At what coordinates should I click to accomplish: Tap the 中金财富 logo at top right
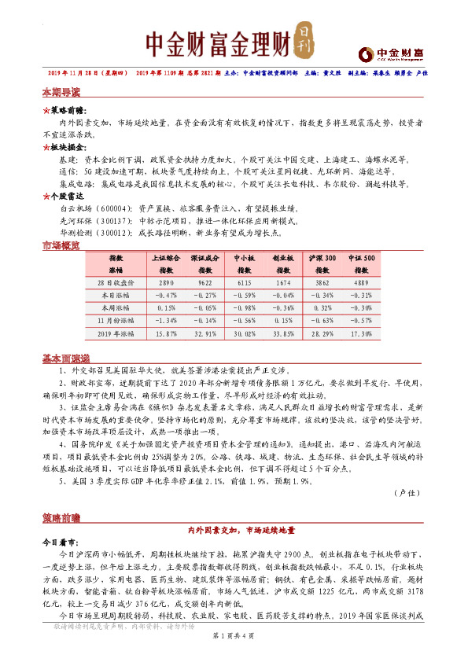click(x=389, y=54)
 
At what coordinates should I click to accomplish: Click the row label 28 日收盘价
click(x=116, y=281)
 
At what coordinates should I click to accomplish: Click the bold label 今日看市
click(x=60, y=542)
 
